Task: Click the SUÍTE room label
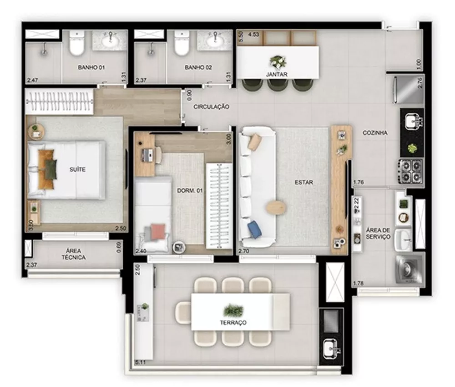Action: [78, 169]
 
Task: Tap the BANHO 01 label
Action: [91, 67]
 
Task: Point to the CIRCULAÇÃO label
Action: [211, 107]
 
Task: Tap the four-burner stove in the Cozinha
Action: [411, 170]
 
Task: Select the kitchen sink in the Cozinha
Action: [412, 121]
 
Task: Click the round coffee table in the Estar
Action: [276, 208]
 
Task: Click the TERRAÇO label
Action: [235, 322]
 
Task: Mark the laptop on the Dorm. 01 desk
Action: [147, 155]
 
